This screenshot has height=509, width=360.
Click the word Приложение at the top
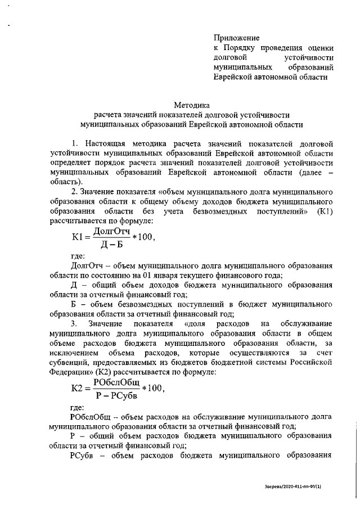(x=236, y=38)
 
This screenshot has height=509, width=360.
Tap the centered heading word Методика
(x=191, y=105)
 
